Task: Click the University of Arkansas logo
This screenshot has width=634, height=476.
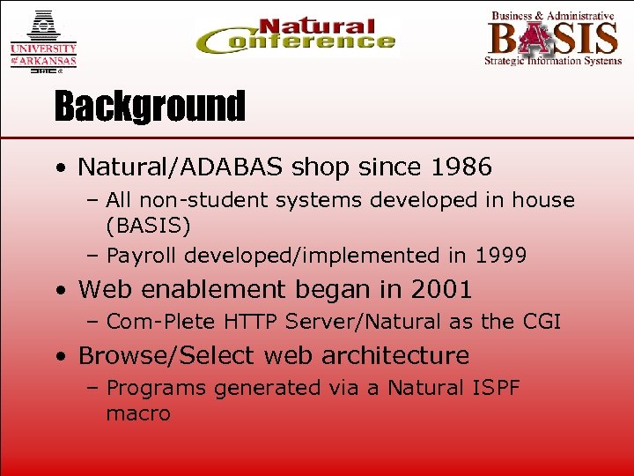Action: point(43,41)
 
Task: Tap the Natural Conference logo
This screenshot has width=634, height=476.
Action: point(296,37)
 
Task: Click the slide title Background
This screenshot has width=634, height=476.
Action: point(149,107)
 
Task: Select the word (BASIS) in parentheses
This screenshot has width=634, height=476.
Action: point(148,227)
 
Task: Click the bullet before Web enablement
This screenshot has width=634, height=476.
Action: point(58,290)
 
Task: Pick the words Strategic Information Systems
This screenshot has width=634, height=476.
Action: point(553,61)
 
